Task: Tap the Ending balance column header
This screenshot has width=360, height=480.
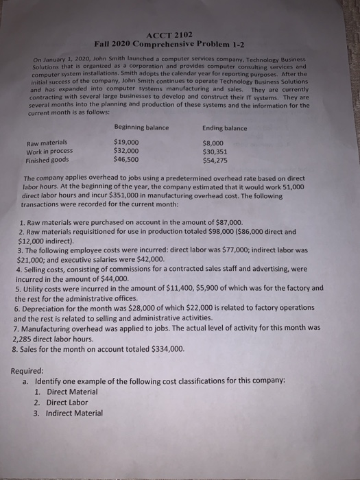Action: point(226,128)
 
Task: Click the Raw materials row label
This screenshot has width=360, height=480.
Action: point(47,143)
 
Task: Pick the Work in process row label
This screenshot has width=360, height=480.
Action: point(49,152)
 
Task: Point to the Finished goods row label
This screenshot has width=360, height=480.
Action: point(47,160)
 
